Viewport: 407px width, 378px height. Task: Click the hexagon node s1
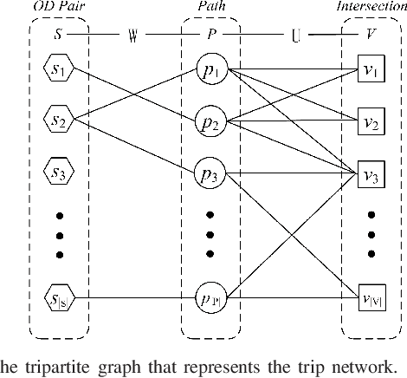pyautogui.click(x=59, y=70)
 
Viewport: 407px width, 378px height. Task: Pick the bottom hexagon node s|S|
pyautogui.click(x=59, y=301)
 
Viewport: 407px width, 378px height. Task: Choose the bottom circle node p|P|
pyautogui.click(x=210, y=299)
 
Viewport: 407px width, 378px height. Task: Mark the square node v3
pyautogui.click(x=370, y=177)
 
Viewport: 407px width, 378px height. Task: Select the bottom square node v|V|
pyautogui.click(x=370, y=301)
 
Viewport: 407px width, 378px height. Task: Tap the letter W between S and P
pyautogui.click(x=132, y=37)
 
